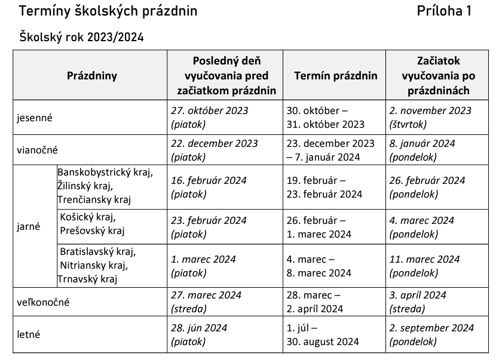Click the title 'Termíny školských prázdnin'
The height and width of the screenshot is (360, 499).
(x=108, y=11)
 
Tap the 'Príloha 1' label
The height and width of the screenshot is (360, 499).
(x=445, y=11)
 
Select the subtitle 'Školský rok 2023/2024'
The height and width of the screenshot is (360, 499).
(x=82, y=38)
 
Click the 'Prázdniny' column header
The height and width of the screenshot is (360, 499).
(x=92, y=76)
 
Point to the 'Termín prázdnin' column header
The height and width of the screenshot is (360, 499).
(x=336, y=76)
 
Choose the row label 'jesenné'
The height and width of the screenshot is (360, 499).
(x=35, y=118)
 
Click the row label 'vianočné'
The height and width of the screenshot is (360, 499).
(x=37, y=150)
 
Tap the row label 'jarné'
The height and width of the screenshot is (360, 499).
(x=29, y=227)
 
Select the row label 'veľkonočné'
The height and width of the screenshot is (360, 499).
(x=43, y=302)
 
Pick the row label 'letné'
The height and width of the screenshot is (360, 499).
(x=29, y=335)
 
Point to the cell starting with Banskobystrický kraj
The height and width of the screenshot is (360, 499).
(x=105, y=186)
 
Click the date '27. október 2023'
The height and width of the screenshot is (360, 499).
(x=209, y=111)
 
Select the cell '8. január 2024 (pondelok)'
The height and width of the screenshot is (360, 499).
(x=422, y=150)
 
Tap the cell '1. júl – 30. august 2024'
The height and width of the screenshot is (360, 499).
(x=323, y=335)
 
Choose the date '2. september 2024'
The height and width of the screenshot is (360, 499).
(x=431, y=328)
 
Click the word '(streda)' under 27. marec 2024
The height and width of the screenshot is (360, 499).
(x=188, y=309)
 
